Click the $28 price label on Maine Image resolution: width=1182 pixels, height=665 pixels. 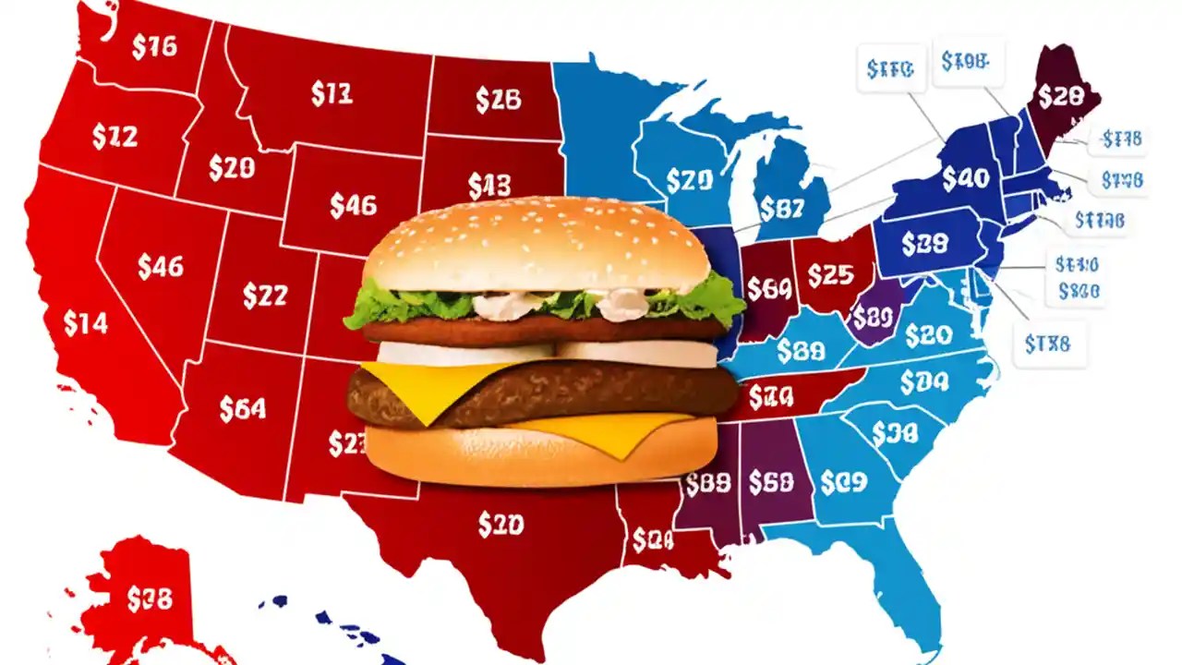(1059, 95)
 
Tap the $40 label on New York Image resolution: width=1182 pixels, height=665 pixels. (966, 177)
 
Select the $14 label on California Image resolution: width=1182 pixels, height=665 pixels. (85, 323)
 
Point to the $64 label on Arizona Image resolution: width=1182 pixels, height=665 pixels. (243, 408)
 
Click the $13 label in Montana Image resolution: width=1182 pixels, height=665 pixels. (332, 94)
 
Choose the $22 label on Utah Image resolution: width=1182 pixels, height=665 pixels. (265, 296)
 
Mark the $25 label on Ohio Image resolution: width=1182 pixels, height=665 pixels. (830, 274)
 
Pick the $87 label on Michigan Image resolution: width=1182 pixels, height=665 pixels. (781, 209)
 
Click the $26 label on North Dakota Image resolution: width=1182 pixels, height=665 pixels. (499, 100)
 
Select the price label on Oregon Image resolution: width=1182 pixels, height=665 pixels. (115, 137)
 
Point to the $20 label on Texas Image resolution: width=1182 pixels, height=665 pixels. (501, 525)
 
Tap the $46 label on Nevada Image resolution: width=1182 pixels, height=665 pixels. (161, 267)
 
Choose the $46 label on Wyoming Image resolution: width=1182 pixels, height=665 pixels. (353, 206)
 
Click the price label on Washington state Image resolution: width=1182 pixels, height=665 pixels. (154, 47)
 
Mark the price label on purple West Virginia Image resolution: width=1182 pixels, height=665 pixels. (872, 318)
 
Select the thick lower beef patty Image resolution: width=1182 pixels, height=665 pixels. (536, 393)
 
